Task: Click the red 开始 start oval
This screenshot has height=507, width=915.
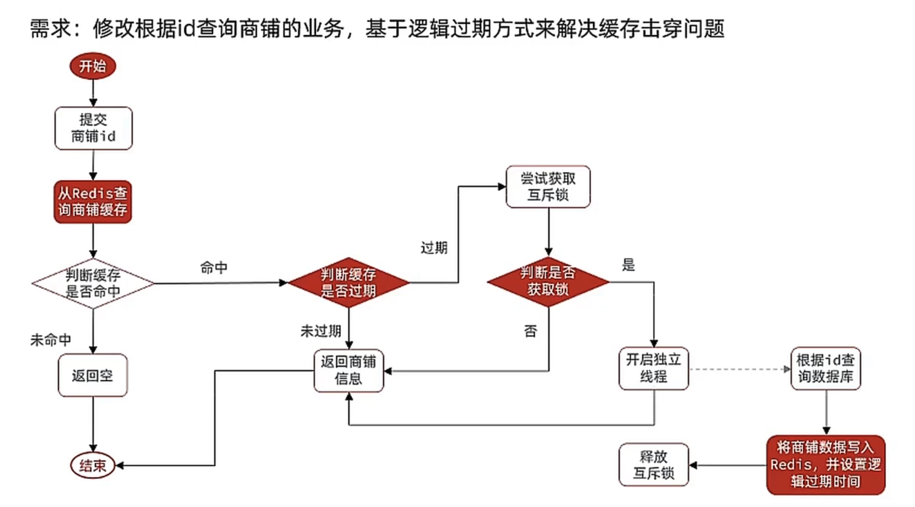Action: tap(93, 66)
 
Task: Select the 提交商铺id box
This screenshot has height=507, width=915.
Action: tap(93, 128)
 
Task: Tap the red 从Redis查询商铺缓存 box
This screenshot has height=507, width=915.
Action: tap(93, 202)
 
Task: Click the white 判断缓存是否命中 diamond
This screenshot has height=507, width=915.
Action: tap(93, 283)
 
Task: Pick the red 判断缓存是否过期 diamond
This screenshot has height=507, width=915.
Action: tap(348, 283)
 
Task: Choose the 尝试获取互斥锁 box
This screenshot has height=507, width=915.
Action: tap(548, 187)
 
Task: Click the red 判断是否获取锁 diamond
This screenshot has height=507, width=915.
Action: tap(548, 282)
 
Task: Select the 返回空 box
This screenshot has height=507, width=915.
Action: tap(93, 375)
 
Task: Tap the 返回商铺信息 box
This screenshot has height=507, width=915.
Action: tap(348, 370)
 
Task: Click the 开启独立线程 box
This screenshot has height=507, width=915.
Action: tap(654, 368)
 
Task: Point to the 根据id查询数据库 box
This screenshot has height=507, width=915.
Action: tap(825, 369)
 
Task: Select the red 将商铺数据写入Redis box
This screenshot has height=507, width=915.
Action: tap(825, 465)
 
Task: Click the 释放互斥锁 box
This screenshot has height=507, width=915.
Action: tap(654, 465)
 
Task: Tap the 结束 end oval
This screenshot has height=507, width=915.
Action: tap(93, 466)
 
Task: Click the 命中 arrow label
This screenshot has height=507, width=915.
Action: tap(214, 268)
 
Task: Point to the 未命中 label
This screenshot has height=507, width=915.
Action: tap(51, 340)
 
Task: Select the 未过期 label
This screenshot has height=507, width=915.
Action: tap(321, 331)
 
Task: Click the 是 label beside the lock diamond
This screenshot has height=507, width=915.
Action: tap(628, 265)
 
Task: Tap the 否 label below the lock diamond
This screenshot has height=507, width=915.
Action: tap(530, 331)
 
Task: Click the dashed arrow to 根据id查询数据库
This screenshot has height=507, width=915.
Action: tap(739, 369)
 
